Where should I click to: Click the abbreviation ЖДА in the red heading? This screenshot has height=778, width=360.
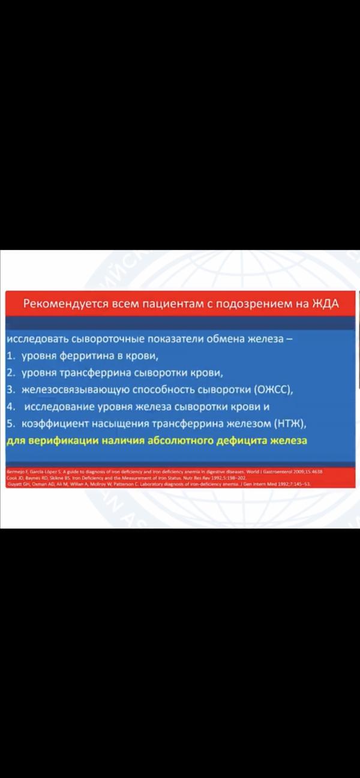point(325,304)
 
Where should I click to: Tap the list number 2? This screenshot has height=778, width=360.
point(10,373)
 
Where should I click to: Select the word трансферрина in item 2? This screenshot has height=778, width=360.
point(97,373)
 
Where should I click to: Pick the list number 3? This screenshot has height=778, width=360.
point(10,390)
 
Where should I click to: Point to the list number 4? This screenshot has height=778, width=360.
point(10,407)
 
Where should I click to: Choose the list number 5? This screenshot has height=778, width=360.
point(10,424)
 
